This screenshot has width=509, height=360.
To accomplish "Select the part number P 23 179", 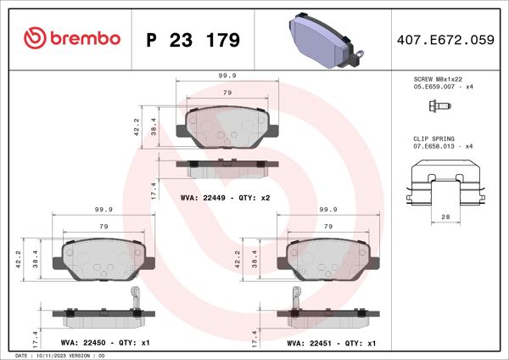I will (x=193, y=39).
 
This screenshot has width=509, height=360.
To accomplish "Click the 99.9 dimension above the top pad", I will (x=227, y=76).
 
